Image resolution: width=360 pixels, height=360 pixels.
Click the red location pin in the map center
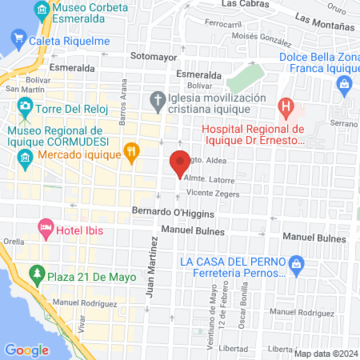pyautogui.click(x=180, y=163)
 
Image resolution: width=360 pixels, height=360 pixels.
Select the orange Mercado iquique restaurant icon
pyautogui.click(x=132, y=150)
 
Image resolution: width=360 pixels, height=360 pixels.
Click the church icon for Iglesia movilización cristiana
pyautogui.click(x=157, y=100)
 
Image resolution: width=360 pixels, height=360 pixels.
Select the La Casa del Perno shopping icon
pyautogui.click(x=296, y=262)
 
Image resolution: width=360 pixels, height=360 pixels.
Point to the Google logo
pyautogui.click(x=26, y=350)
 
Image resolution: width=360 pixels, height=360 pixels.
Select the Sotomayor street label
pyautogui.click(x=153, y=57)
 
